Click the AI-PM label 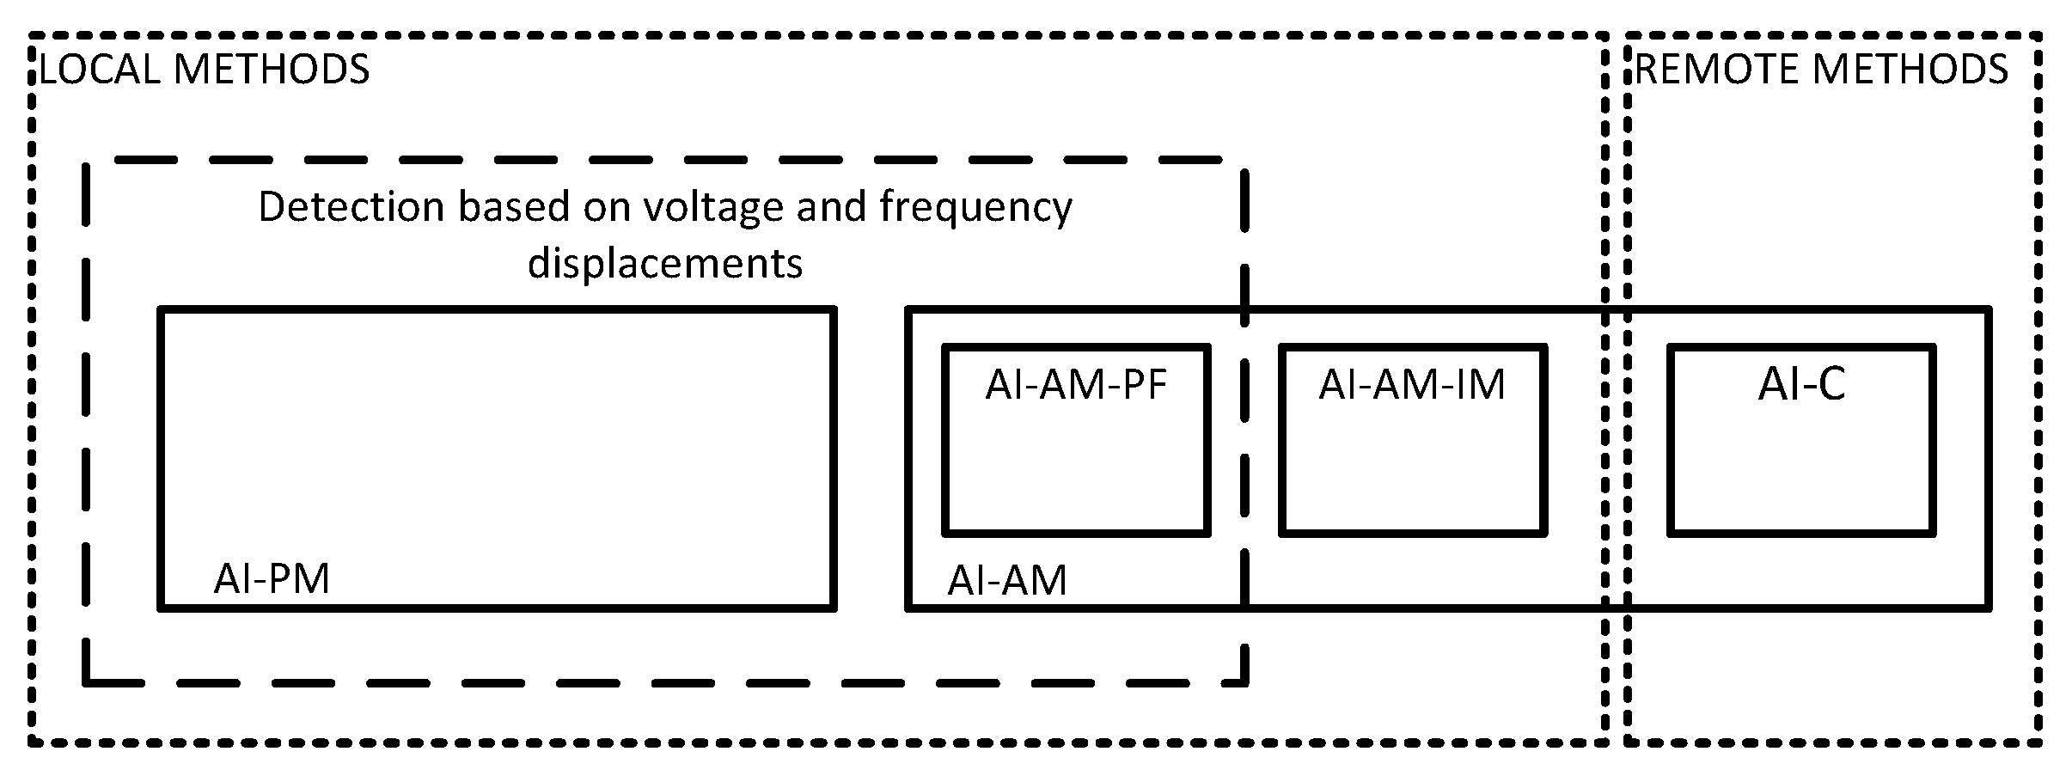click(x=272, y=579)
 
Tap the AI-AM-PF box click(x=1076, y=464)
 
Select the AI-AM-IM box click(x=1412, y=464)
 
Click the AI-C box click(x=1801, y=464)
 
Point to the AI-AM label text click(x=1006, y=581)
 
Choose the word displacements click(x=665, y=263)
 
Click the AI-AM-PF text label click(x=1076, y=385)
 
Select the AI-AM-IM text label click(x=1412, y=385)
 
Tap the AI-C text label click(x=1801, y=384)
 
